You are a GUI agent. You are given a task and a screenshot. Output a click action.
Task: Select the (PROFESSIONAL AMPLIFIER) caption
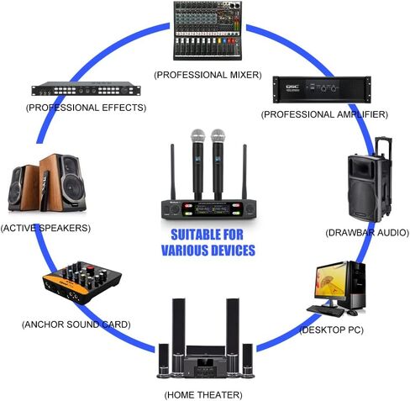pyautogui.click(x=323, y=113)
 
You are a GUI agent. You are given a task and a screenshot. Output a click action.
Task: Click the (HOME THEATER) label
pyautogui.click(x=203, y=393)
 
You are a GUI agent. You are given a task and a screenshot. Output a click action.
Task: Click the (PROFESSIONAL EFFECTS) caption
pyautogui.click(x=86, y=108)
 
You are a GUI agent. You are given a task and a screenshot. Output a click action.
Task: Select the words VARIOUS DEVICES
pyautogui.click(x=208, y=251)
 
